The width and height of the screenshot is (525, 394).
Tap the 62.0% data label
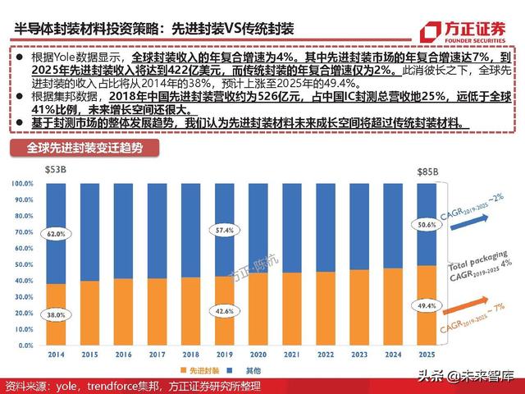tap(55, 233)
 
